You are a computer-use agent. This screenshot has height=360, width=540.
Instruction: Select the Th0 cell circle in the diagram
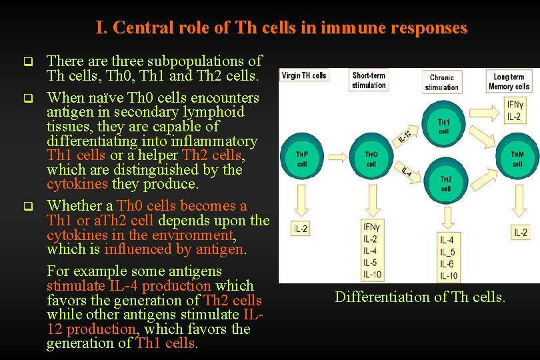point(371,159)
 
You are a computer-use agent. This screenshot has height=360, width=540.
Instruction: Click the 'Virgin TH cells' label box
point(304,75)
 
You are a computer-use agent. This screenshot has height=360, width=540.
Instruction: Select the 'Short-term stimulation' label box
point(369,81)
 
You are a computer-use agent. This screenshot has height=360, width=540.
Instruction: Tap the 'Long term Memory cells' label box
point(509,81)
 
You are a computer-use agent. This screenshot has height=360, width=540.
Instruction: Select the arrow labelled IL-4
point(407,172)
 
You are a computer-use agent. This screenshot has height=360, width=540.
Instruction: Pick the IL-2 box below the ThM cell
point(521,232)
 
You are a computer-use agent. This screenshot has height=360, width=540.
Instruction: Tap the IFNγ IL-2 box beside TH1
point(514,111)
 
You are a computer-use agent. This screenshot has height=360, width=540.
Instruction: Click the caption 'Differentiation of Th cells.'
point(420,297)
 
